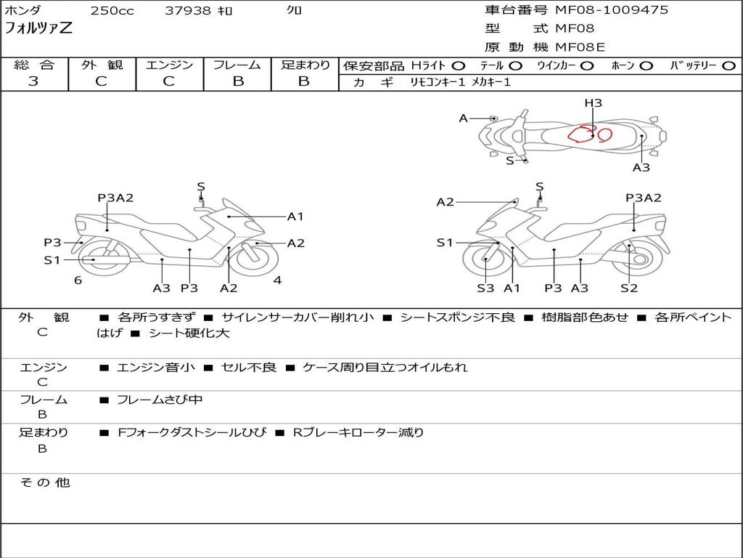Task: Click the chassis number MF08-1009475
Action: point(611,10)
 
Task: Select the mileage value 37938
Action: point(188,10)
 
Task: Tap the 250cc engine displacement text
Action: point(112,10)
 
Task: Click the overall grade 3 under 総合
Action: point(33,81)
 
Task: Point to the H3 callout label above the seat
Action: point(593,103)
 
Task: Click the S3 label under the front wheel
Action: point(485,288)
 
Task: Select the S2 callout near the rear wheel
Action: point(629,288)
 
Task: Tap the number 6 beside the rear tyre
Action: point(78,280)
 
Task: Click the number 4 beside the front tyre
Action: point(278,280)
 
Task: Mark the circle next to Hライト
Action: point(459,66)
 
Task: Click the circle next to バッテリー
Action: point(728,66)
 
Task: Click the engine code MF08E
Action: point(580,47)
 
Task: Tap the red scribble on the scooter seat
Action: point(589,134)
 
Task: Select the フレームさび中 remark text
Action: point(160,400)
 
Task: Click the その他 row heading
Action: point(45,482)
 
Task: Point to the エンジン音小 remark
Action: point(156,367)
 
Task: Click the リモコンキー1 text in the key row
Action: point(438,82)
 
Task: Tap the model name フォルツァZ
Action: point(38,28)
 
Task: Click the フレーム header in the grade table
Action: point(237,65)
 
